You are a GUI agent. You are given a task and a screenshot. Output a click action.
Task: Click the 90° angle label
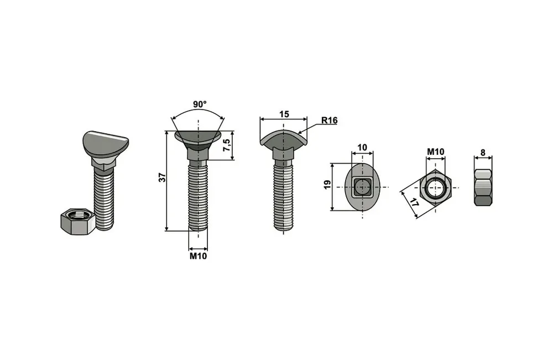click(200, 105)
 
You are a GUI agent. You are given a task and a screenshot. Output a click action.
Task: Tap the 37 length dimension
click(162, 178)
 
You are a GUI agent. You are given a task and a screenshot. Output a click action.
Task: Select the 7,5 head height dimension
click(227, 145)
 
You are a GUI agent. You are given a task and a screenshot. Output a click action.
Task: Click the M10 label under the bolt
click(198, 256)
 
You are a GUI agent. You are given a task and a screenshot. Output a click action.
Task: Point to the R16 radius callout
click(330, 121)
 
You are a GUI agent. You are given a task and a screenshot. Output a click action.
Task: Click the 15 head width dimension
click(284, 114)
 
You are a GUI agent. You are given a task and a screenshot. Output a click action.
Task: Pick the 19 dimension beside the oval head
click(327, 185)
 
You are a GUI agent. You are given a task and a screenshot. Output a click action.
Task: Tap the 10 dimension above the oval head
click(362, 148)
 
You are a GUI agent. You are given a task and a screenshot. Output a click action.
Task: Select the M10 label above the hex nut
click(436, 152)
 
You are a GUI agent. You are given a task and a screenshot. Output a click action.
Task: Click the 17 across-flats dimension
click(414, 203)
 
